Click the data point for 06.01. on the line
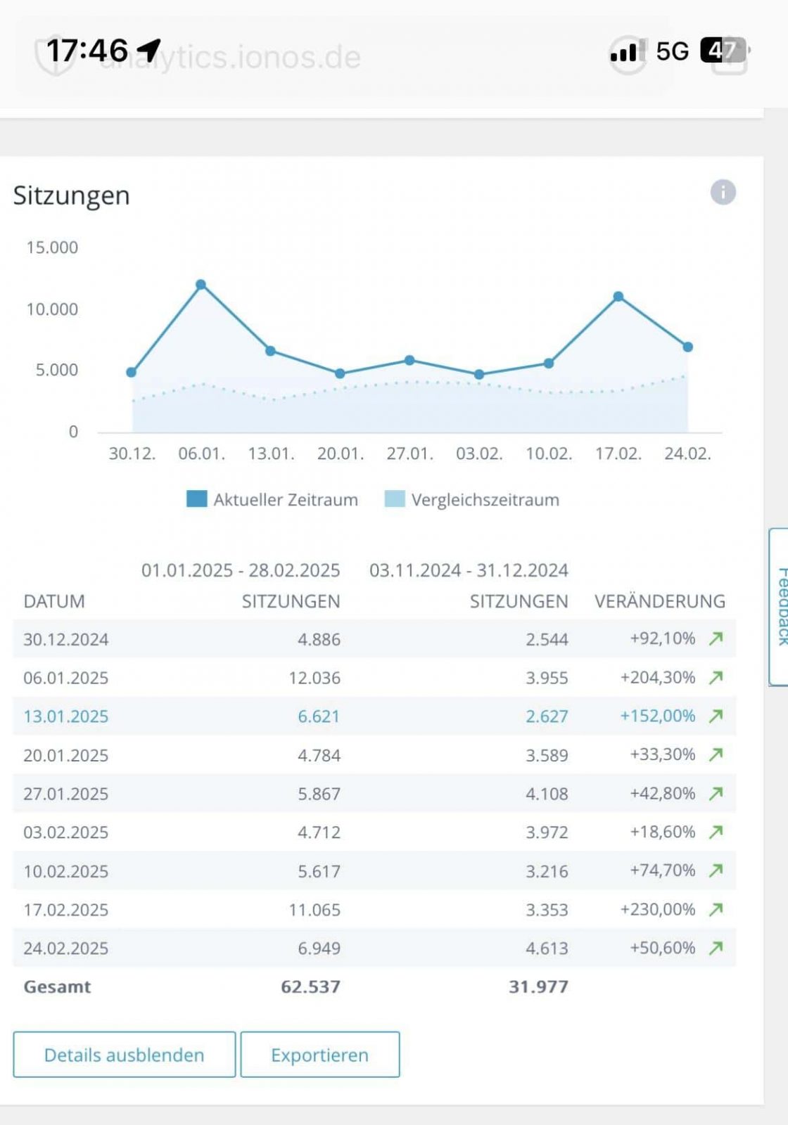(x=201, y=285)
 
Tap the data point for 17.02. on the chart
(x=618, y=297)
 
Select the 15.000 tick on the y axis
(x=52, y=247)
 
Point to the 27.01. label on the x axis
(x=409, y=454)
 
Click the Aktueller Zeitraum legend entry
(x=272, y=500)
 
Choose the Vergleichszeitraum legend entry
(x=472, y=500)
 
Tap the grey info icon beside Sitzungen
(x=723, y=192)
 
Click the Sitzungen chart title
(x=72, y=195)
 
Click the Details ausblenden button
(x=125, y=1055)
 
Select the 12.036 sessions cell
(x=314, y=678)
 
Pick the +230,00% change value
(x=657, y=909)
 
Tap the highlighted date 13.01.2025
(x=66, y=716)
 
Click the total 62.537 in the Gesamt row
(x=310, y=986)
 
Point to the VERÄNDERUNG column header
(x=659, y=601)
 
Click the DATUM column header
(x=54, y=601)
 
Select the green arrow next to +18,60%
(x=716, y=832)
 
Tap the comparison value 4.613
(x=547, y=948)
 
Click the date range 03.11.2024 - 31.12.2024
(x=469, y=570)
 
